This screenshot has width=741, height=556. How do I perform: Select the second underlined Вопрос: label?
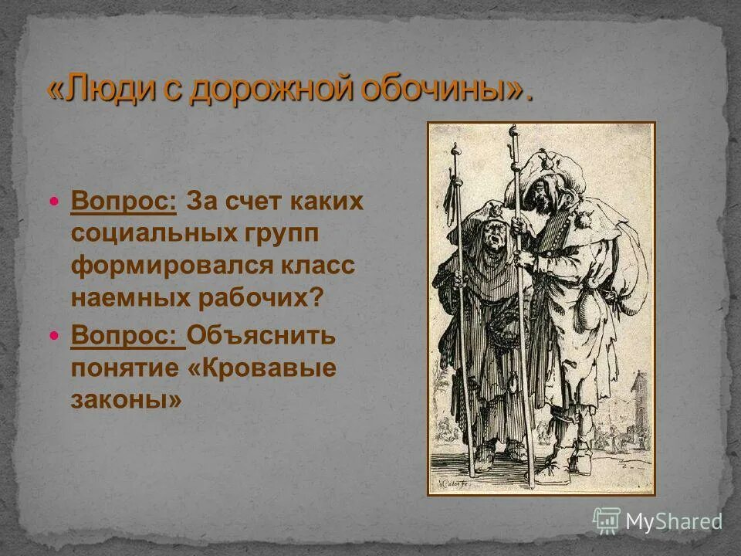[x=127, y=337]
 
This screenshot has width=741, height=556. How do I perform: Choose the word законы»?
[x=127, y=401]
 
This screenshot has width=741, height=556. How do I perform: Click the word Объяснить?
[x=262, y=337]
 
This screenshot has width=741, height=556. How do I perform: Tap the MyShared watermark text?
[x=672, y=521]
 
